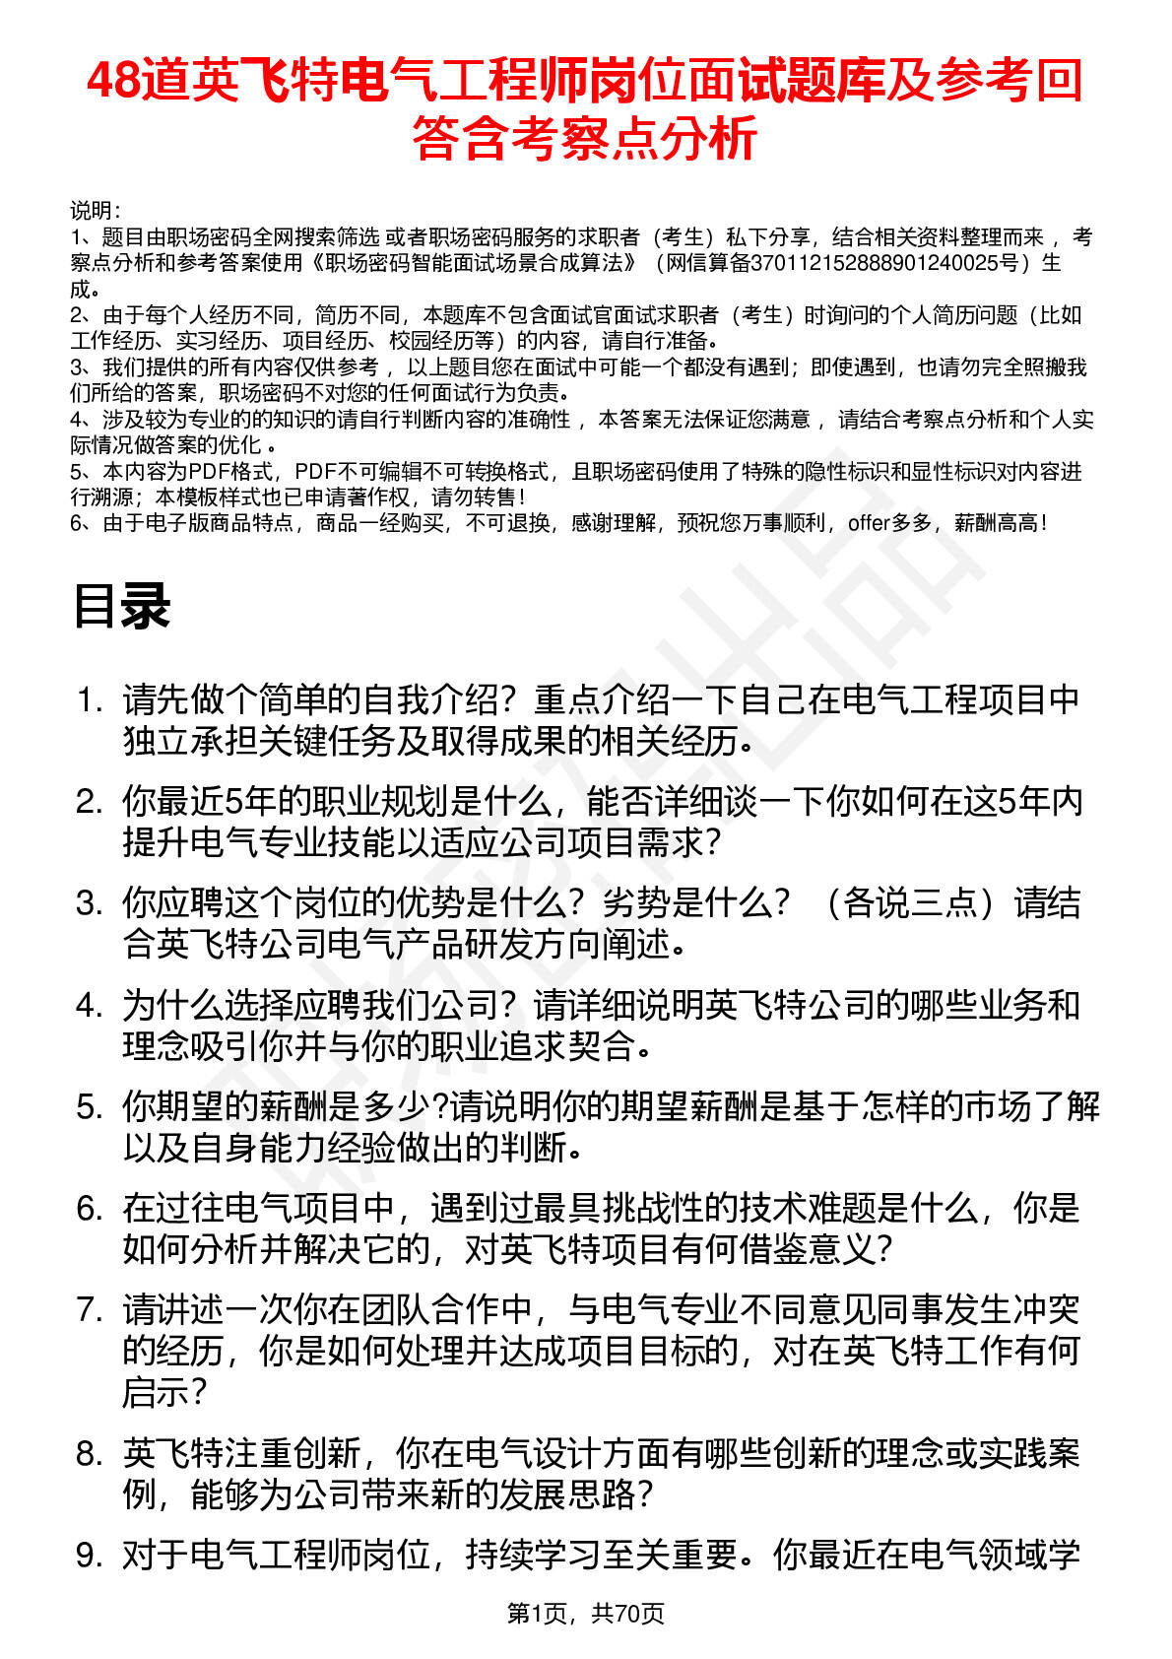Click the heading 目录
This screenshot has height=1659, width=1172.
tap(121, 606)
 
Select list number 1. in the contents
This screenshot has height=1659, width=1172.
tap(90, 700)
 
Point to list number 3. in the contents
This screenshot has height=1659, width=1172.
tap(90, 903)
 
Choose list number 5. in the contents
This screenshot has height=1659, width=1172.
tap(90, 1107)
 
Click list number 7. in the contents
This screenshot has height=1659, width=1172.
tap(90, 1310)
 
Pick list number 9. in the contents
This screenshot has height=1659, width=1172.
tap(90, 1556)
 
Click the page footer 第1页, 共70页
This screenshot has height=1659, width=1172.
tap(585, 1613)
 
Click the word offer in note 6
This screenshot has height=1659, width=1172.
tap(869, 523)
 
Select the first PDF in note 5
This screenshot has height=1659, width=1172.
tap(209, 472)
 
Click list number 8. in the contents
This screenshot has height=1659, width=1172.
tap(90, 1454)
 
